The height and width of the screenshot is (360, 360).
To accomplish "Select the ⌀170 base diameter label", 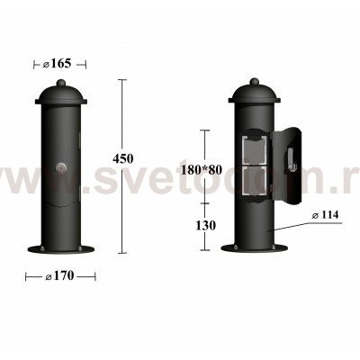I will (x=58, y=277).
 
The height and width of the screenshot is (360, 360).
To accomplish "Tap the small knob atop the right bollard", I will (x=255, y=83).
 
